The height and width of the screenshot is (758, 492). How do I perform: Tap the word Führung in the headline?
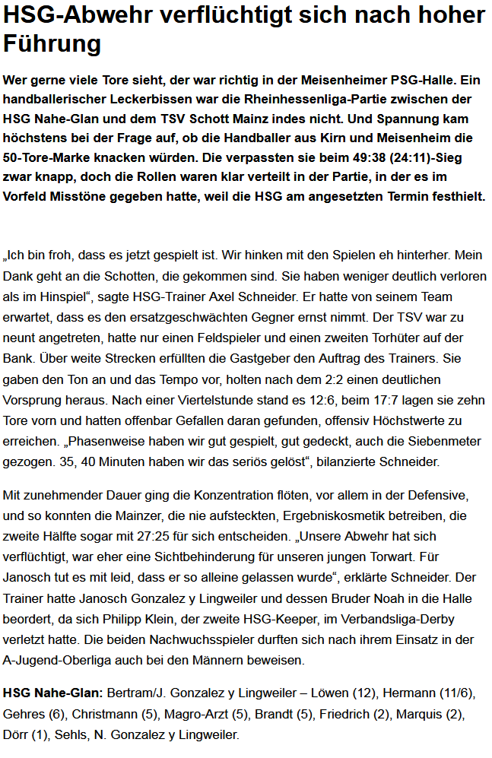click(x=52, y=45)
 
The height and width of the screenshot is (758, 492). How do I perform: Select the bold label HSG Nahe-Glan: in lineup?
click(x=52, y=693)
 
